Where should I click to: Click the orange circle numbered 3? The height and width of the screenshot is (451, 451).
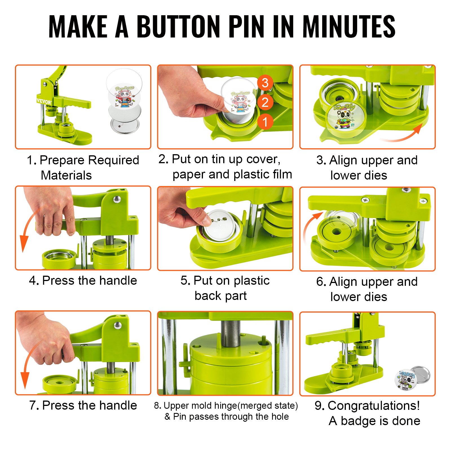click(265, 83)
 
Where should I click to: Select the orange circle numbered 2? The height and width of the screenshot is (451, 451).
click(265, 102)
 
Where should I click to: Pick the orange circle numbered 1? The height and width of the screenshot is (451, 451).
click(265, 122)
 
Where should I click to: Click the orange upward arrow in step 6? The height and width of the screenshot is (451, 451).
click(310, 227)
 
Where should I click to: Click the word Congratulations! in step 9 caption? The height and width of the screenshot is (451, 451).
click(374, 406)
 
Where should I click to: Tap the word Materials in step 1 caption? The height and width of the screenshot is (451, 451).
click(66, 175)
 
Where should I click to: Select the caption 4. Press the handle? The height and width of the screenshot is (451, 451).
click(83, 281)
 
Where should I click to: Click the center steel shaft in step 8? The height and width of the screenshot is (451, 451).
click(231, 333)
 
